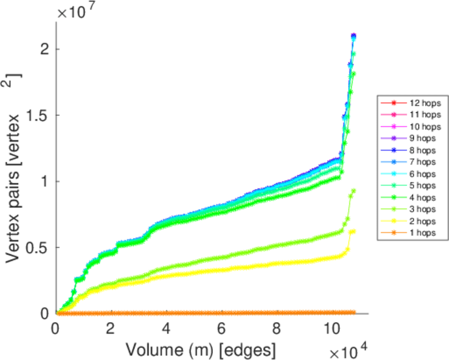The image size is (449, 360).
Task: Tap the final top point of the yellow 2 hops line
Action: click(x=353, y=231)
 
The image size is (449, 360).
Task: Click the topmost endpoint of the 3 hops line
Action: click(x=354, y=191)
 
